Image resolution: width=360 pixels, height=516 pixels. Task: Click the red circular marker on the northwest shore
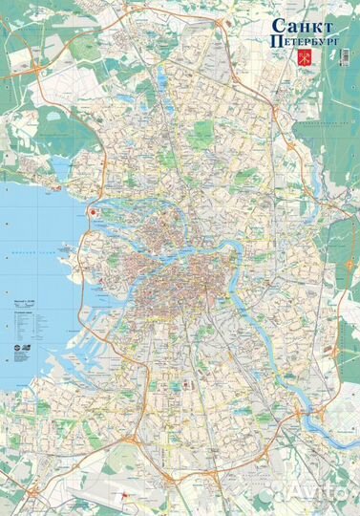pyautogui.click(x=93, y=214)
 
